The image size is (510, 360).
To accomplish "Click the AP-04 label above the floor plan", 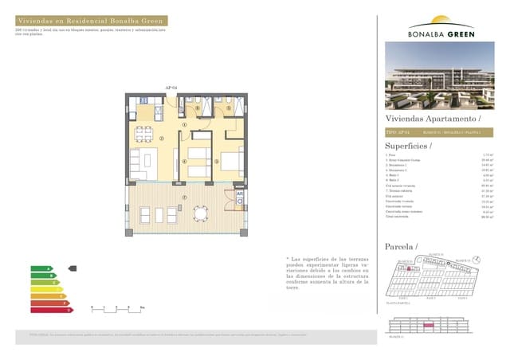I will coord(170,88).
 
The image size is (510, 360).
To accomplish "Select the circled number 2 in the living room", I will coord(162,139).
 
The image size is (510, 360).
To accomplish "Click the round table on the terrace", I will coord(202,213).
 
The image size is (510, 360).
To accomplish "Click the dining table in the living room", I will coord(143,133).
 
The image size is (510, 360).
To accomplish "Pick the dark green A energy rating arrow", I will coord(41,268).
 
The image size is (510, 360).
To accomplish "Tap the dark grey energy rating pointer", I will coord(73,268).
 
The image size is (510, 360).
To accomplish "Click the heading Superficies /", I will coord(409,146).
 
